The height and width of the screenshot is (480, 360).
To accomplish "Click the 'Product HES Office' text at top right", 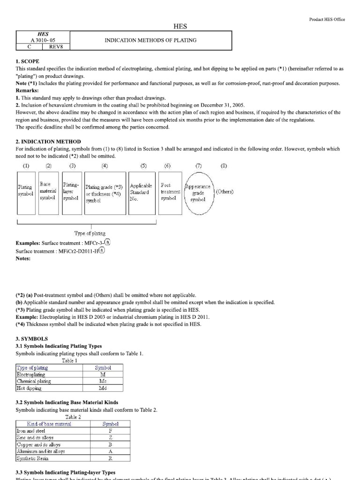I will (x=327, y=19).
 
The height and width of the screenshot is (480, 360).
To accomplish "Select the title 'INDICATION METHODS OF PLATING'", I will (x=150, y=40).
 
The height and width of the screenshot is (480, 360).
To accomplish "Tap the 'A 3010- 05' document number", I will (x=43, y=40).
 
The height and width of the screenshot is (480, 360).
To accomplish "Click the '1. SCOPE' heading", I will (x=28, y=61).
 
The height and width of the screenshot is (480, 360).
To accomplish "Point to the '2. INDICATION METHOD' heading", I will (x=48, y=142).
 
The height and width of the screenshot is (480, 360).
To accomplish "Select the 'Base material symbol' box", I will (x=48, y=191).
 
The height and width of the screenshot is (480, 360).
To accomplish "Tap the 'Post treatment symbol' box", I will (x=170, y=192).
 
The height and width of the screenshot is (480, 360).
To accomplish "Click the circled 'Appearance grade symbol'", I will (x=198, y=193).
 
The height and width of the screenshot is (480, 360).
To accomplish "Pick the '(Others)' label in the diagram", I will (x=225, y=192).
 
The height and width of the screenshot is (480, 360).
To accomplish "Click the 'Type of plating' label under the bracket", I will (x=90, y=233).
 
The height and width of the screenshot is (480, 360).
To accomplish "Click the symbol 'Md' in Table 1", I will (x=103, y=388).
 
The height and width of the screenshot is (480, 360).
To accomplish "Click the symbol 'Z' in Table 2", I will (x=110, y=437).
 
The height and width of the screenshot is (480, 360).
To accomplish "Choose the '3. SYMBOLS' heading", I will (x=31, y=338).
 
